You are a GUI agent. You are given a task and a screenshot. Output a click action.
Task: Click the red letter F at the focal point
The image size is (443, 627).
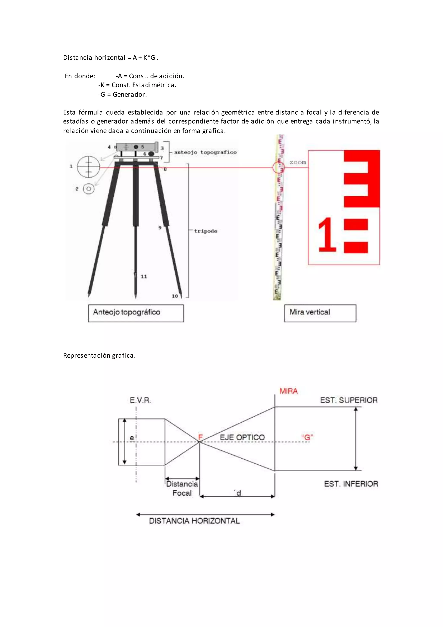[x=200, y=437]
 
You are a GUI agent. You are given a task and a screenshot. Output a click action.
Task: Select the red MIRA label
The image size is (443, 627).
[x=288, y=391]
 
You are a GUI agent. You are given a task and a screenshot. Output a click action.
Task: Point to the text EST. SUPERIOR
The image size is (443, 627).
[x=349, y=400]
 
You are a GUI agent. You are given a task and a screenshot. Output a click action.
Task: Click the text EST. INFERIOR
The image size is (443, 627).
[x=351, y=484]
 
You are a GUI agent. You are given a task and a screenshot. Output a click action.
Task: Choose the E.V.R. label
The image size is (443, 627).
[x=140, y=401]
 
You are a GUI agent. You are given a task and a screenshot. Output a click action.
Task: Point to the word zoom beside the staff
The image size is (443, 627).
[x=298, y=162]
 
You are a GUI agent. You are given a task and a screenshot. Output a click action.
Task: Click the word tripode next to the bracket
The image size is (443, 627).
[x=205, y=231]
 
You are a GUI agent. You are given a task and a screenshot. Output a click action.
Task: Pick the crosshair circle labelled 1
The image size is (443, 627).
[x=88, y=166]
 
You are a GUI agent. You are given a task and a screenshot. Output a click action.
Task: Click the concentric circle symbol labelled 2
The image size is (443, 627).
[x=89, y=189]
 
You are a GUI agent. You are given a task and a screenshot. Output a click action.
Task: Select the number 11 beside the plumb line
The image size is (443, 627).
[x=144, y=276]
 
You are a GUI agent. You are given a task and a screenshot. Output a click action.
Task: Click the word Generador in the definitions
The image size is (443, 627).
[x=130, y=94]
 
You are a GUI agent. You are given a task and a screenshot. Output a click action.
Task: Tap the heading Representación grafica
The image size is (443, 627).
[x=99, y=355]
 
